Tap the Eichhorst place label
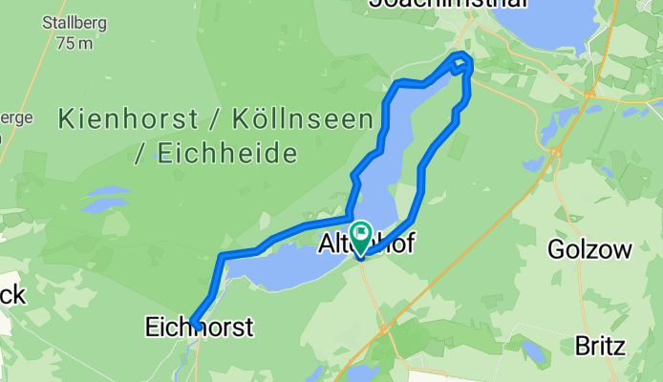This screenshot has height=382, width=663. pos(199,328)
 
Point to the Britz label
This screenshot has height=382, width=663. pos(601,346)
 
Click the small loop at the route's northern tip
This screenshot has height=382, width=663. pos(462,62)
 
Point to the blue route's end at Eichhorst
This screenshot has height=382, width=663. pos(194,325)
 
